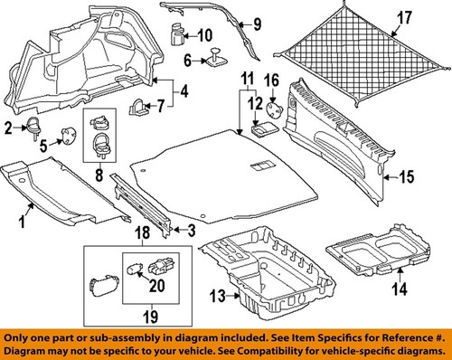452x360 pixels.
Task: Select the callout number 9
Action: coord(255,23)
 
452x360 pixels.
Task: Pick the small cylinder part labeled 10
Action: coord(176,35)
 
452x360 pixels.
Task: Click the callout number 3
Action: coord(191,232)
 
